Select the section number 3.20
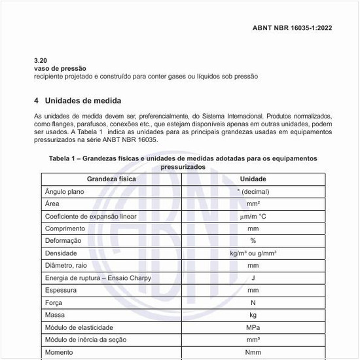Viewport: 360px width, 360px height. (41, 60)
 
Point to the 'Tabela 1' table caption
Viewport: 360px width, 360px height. (183, 162)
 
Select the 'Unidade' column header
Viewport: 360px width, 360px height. (253, 179)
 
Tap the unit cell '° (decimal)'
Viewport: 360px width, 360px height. (253, 191)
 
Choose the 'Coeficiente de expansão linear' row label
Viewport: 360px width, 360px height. (90, 216)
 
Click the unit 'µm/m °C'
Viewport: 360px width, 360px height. (253, 216)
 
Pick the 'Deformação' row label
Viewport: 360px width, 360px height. (64, 241)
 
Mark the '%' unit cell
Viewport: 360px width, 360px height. (253, 241)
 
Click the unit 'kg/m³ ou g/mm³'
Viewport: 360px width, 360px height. (253, 253)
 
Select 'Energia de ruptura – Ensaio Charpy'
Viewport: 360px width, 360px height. (98, 278)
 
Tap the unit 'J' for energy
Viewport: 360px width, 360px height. (253, 278)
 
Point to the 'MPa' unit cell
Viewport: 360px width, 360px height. (253, 327)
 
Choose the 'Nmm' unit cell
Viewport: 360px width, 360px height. (253, 352)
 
